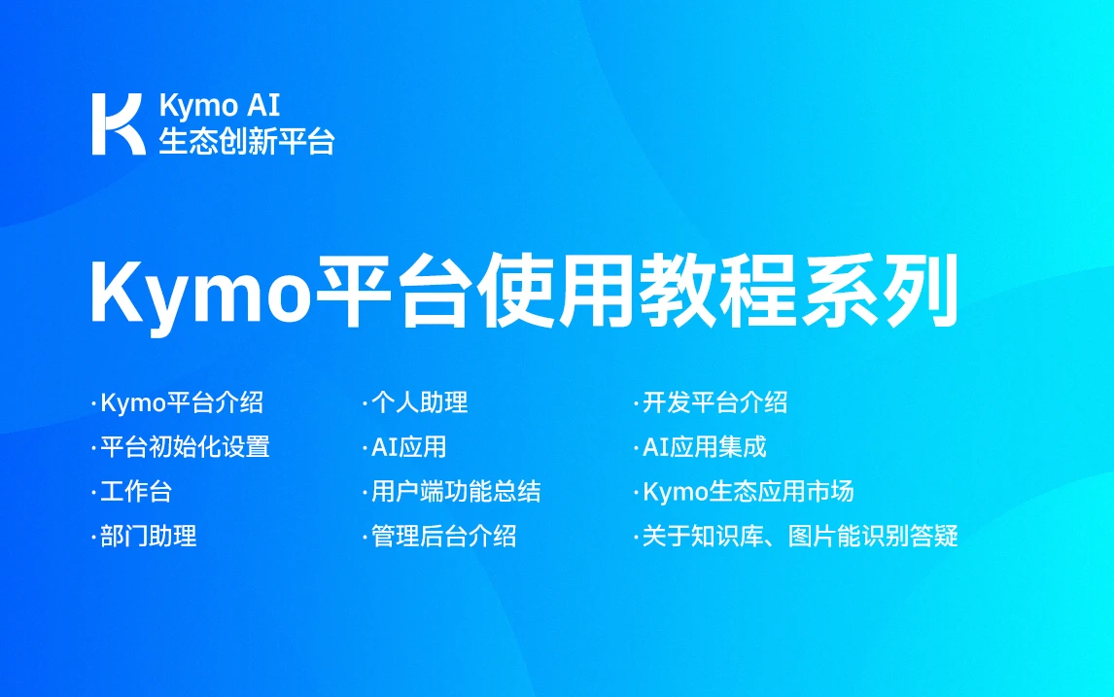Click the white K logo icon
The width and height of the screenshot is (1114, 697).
pos(118,123)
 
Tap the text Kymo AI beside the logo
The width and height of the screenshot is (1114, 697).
pos(220,106)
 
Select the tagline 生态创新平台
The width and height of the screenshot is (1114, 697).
pos(247,141)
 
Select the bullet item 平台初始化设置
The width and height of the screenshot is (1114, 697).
pos(185,447)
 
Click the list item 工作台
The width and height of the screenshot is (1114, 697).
pos(136,492)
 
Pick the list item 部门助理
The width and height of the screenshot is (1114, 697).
pos(149,536)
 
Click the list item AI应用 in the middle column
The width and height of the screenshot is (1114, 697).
pos(408,447)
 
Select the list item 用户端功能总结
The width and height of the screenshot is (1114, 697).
pos(456,492)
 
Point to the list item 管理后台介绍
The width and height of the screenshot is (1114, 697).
pos(443,536)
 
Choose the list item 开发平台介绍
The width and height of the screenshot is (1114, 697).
pos(714,402)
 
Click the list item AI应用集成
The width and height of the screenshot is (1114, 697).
pos(704,447)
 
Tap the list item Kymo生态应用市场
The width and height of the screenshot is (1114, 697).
pos(748,492)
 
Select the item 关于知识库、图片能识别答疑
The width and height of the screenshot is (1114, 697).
pos(800,536)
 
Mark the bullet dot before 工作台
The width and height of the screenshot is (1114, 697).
pos(93,493)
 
